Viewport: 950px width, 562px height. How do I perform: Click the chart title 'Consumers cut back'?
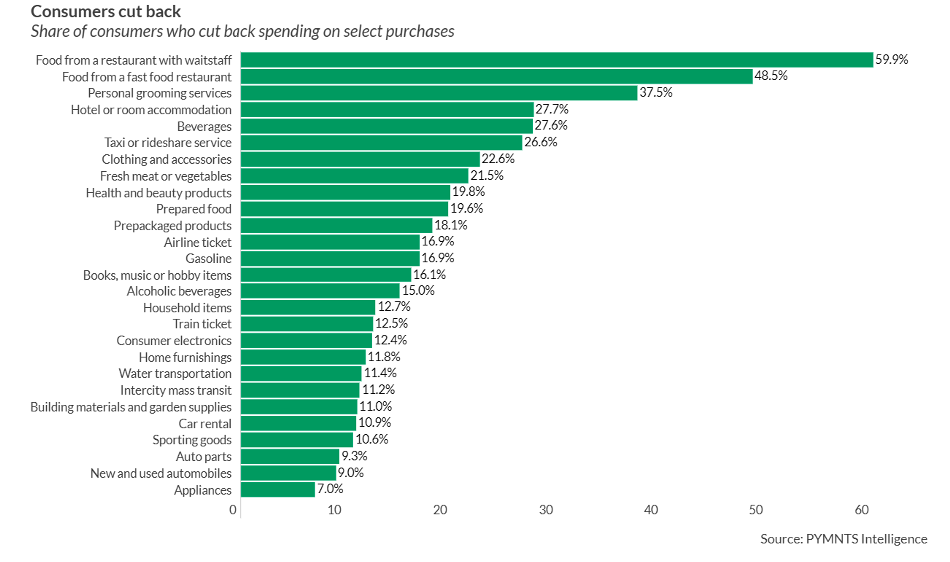tap(106, 11)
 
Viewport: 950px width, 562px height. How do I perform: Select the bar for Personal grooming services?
tap(439, 93)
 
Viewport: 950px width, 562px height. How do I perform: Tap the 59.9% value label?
tap(892, 60)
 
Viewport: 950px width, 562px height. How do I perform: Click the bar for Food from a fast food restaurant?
tap(497, 76)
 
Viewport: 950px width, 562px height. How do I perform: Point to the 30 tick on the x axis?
tap(546, 510)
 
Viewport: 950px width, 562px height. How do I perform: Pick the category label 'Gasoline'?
tap(208, 259)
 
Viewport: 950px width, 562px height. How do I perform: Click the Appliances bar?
tap(278, 490)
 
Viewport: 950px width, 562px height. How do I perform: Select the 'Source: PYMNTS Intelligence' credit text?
tap(843, 539)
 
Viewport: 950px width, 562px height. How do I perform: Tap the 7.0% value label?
tap(330, 490)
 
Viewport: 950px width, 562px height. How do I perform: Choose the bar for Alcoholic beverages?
tap(320, 291)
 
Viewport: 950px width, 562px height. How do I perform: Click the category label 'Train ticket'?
tap(201, 324)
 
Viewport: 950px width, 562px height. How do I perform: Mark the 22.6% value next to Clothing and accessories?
tap(498, 159)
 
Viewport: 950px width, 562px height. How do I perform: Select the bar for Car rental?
tap(298, 423)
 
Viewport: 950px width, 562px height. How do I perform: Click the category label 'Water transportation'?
tap(175, 374)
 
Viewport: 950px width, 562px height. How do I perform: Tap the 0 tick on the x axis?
tap(233, 510)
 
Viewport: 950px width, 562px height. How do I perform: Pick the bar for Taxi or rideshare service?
tap(381, 143)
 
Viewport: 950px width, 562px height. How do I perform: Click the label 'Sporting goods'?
tap(192, 440)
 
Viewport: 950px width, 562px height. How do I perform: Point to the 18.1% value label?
tap(451, 226)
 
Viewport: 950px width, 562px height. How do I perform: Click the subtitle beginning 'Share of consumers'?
tap(242, 31)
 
